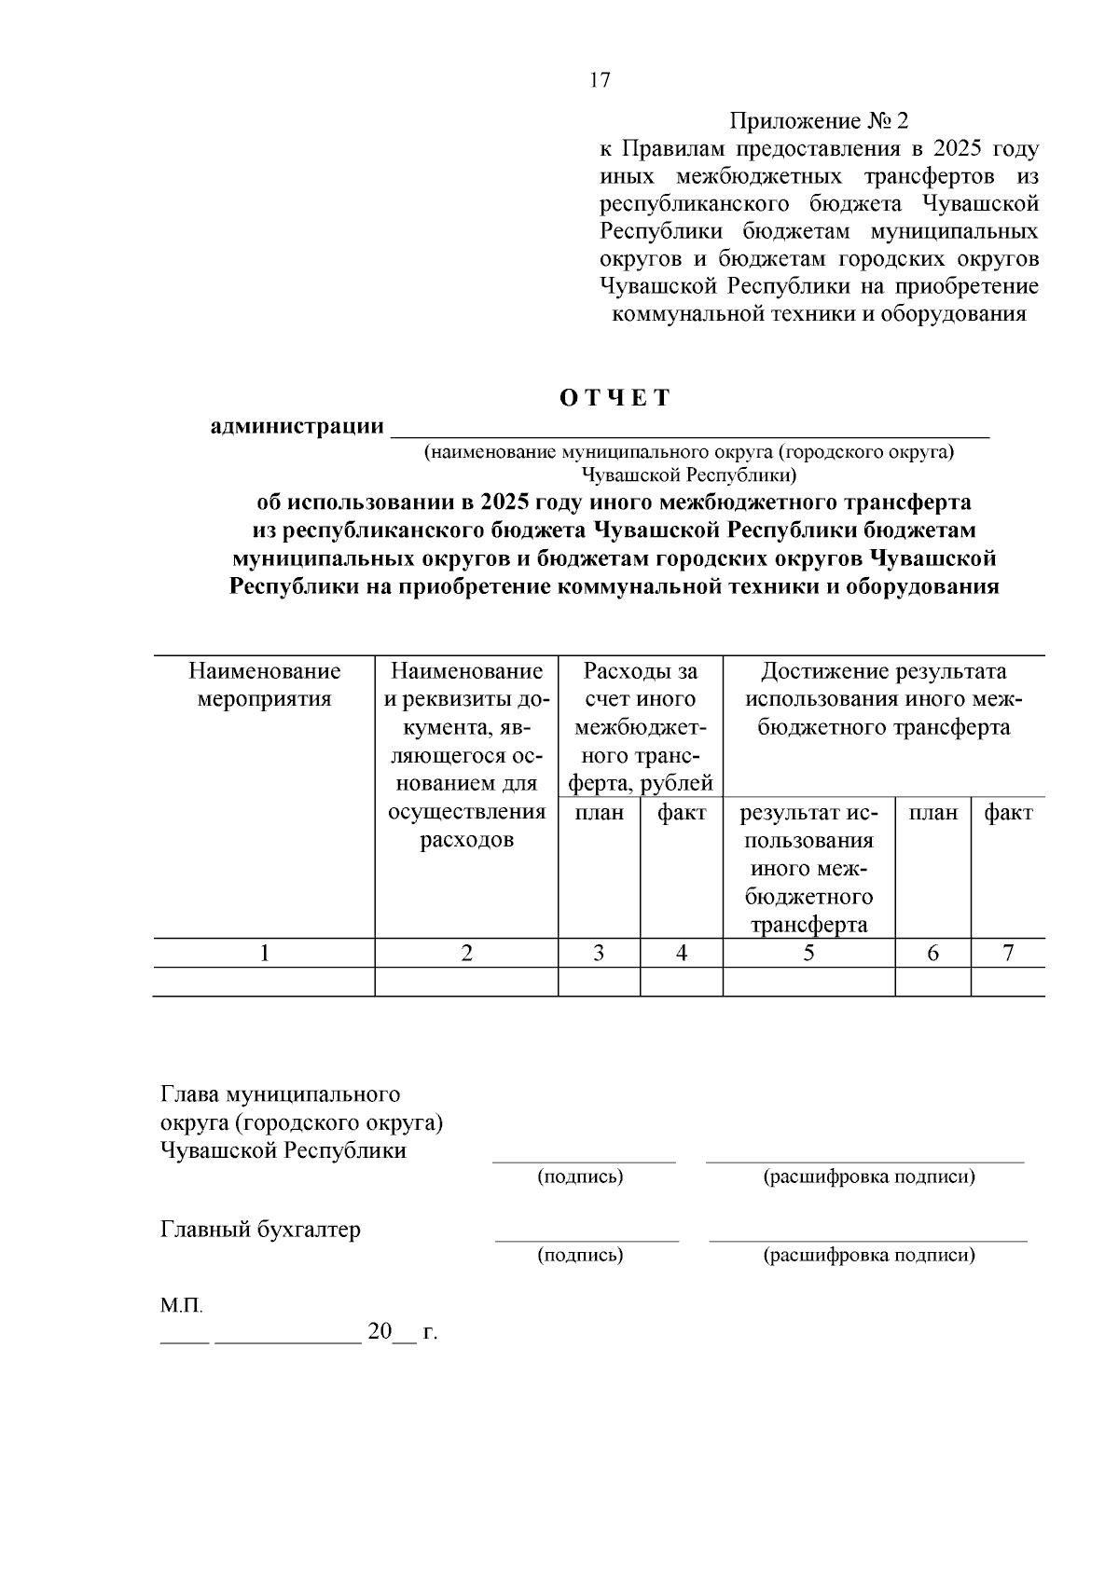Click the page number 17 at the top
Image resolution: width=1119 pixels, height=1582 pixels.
(600, 80)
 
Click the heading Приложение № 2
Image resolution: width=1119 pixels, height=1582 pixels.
(818, 121)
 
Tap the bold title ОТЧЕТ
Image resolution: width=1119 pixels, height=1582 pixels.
(615, 398)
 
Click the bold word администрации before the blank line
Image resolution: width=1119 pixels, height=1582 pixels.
(297, 427)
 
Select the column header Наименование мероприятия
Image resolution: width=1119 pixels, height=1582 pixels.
(264, 685)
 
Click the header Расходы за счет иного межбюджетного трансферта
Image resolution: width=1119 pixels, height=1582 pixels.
(640, 726)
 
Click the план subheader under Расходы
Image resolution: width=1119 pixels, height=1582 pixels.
(599, 813)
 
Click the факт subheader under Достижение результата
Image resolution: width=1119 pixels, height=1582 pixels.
(1008, 813)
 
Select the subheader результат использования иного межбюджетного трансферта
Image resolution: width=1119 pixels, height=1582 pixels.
(808, 868)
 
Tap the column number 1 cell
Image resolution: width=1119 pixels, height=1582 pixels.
(265, 953)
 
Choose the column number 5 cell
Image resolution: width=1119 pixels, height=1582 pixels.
(808, 953)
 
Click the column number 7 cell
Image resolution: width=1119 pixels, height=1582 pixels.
(1008, 953)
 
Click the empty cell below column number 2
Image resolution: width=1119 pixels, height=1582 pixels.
(466, 982)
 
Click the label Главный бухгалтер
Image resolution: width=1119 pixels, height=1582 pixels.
(260, 1230)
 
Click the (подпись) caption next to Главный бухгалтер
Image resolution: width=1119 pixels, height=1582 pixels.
(580, 1255)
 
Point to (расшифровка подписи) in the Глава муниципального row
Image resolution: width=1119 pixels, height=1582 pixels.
(869, 1176)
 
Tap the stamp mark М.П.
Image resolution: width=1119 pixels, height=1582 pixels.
(181, 1305)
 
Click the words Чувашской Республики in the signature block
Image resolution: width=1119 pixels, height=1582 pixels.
(283, 1150)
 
